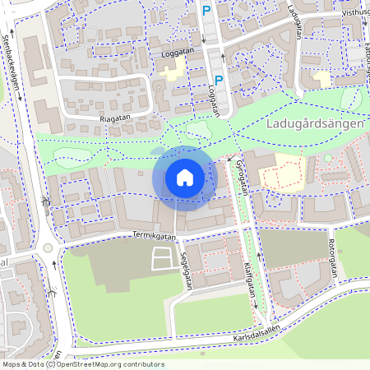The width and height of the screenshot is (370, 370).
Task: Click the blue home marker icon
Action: (185, 177)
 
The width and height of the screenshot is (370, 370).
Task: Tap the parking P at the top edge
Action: (206, 11)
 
